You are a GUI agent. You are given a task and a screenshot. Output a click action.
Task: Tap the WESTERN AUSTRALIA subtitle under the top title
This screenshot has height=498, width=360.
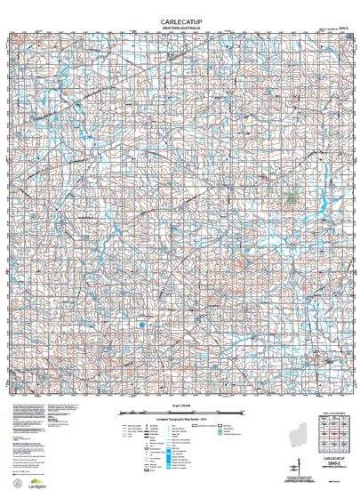click(180, 27)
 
